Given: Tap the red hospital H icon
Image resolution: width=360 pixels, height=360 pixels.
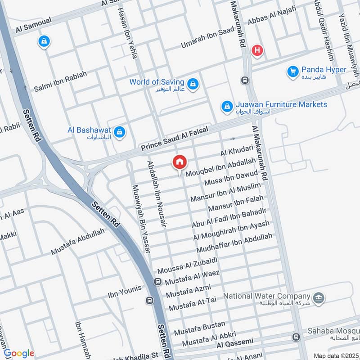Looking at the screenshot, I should pos(257,51).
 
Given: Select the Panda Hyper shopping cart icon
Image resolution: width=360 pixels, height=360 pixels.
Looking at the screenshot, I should pos(293,71).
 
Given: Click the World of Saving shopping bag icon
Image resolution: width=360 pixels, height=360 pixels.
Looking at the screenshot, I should pos(193,84).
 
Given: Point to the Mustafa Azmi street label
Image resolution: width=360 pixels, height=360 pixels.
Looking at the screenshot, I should pos(188,289).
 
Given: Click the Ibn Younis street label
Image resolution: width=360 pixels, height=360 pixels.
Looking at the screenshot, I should pos(124,292).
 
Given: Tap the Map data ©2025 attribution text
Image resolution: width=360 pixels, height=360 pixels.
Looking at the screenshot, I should pos(335,355).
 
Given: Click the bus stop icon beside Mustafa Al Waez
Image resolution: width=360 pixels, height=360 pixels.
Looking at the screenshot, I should pos(158,282).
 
